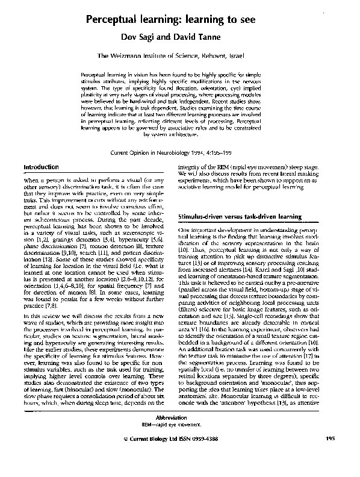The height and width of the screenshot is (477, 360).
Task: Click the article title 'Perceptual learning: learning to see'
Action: pos(180,20)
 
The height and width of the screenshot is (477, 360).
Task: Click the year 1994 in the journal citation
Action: pos(212,153)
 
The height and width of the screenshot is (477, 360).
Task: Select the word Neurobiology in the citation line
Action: pos(180,153)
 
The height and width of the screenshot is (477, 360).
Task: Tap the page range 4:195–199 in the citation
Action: pos(237,153)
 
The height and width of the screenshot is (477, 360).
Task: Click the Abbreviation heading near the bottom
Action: pos(180,435)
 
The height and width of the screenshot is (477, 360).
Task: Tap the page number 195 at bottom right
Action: pos(331,457)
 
